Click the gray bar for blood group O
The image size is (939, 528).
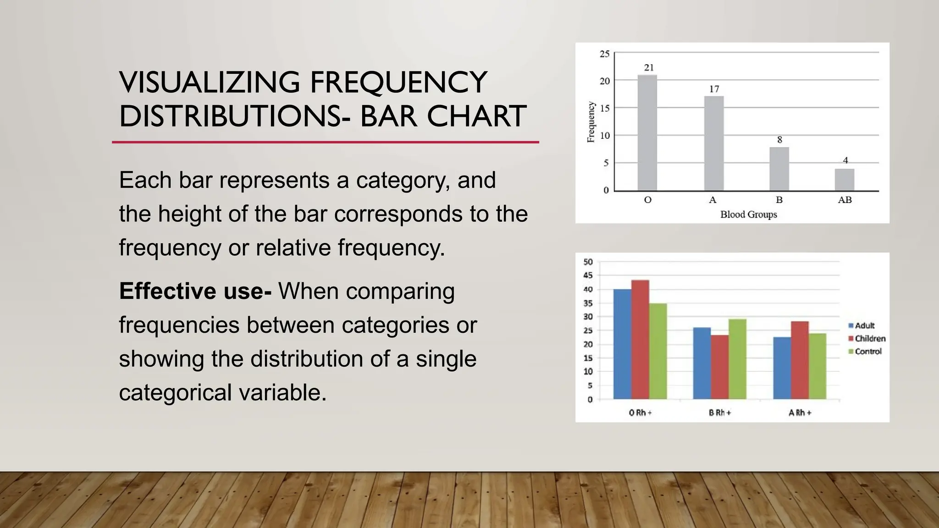pyautogui.click(x=647, y=133)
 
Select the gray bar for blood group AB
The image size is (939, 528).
pyautogui.click(x=844, y=180)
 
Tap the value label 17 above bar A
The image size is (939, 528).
pyautogui.click(x=714, y=89)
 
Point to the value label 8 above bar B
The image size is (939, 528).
pyautogui.click(x=779, y=140)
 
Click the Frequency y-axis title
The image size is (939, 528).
pyautogui.click(x=591, y=122)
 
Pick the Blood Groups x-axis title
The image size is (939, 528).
pyautogui.click(x=748, y=214)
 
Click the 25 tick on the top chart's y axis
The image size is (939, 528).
pyautogui.click(x=605, y=54)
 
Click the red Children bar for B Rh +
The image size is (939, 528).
pyautogui.click(x=719, y=367)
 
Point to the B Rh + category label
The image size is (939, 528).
pyautogui.click(x=720, y=412)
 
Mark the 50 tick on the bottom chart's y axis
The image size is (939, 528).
pyautogui.click(x=588, y=262)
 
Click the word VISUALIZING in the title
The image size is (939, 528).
pyautogui.click(x=209, y=82)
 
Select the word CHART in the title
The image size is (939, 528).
pyautogui.click(x=476, y=116)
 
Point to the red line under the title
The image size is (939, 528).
pyautogui.click(x=325, y=142)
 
